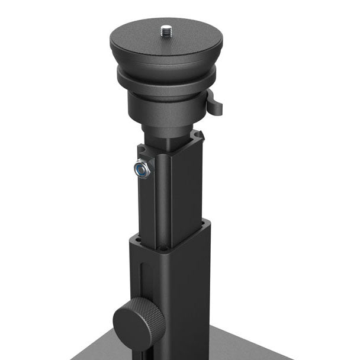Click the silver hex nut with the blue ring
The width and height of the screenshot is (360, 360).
[143, 169]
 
